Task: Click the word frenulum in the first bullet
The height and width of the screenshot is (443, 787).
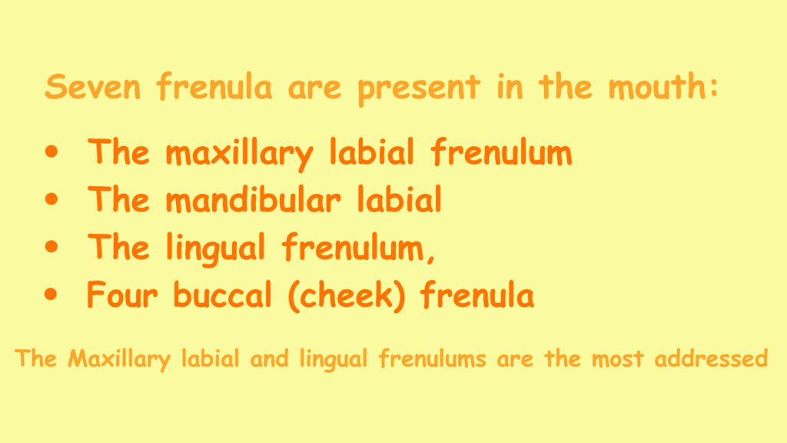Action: (501, 153)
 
